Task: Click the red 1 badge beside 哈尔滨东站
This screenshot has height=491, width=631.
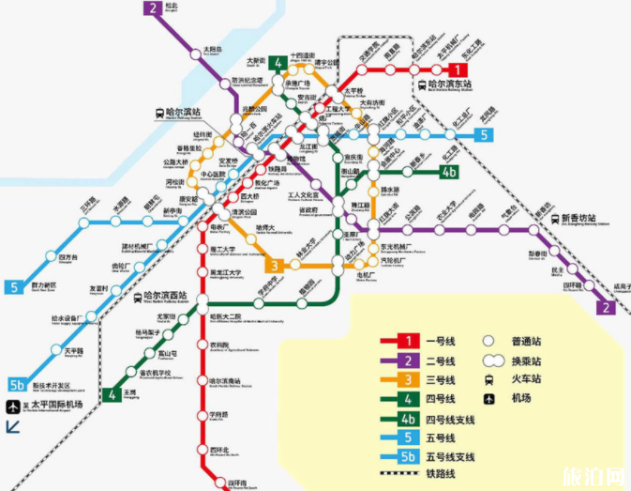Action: pos(457,69)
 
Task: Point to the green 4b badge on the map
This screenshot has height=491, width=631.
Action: pos(449,171)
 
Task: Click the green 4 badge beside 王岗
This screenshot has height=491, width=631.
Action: pos(112,394)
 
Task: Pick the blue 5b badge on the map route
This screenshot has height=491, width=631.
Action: pos(16,384)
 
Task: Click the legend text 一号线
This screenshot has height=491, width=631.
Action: pos(441,341)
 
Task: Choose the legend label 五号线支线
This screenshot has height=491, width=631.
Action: pos(450,457)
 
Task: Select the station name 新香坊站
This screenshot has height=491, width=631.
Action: pos(583,217)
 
